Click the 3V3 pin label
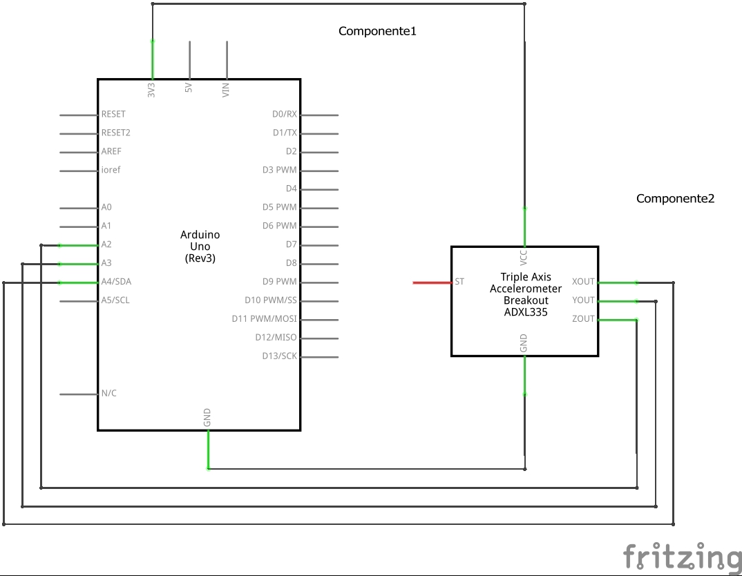tap(151, 89)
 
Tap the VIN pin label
tap(225, 89)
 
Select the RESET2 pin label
tap(115, 133)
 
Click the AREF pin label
tap(111, 151)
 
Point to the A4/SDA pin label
tap(116, 282)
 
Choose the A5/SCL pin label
tap(115, 300)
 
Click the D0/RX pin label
tap(284, 114)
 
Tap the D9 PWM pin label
tap(280, 282)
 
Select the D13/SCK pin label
tap(279, 356)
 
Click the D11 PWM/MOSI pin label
tap(264, 319)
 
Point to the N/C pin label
tap(108, 394)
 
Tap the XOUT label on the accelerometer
tap(583, 282)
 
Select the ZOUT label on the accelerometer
tap(583, 319)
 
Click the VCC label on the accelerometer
tap(524, 258)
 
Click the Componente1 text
tap(377, 31)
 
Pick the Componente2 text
tap(675, 199)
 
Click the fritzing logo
tap(681, 556)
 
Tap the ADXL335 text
tap(526, 311)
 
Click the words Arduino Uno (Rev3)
tap(200, 247)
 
